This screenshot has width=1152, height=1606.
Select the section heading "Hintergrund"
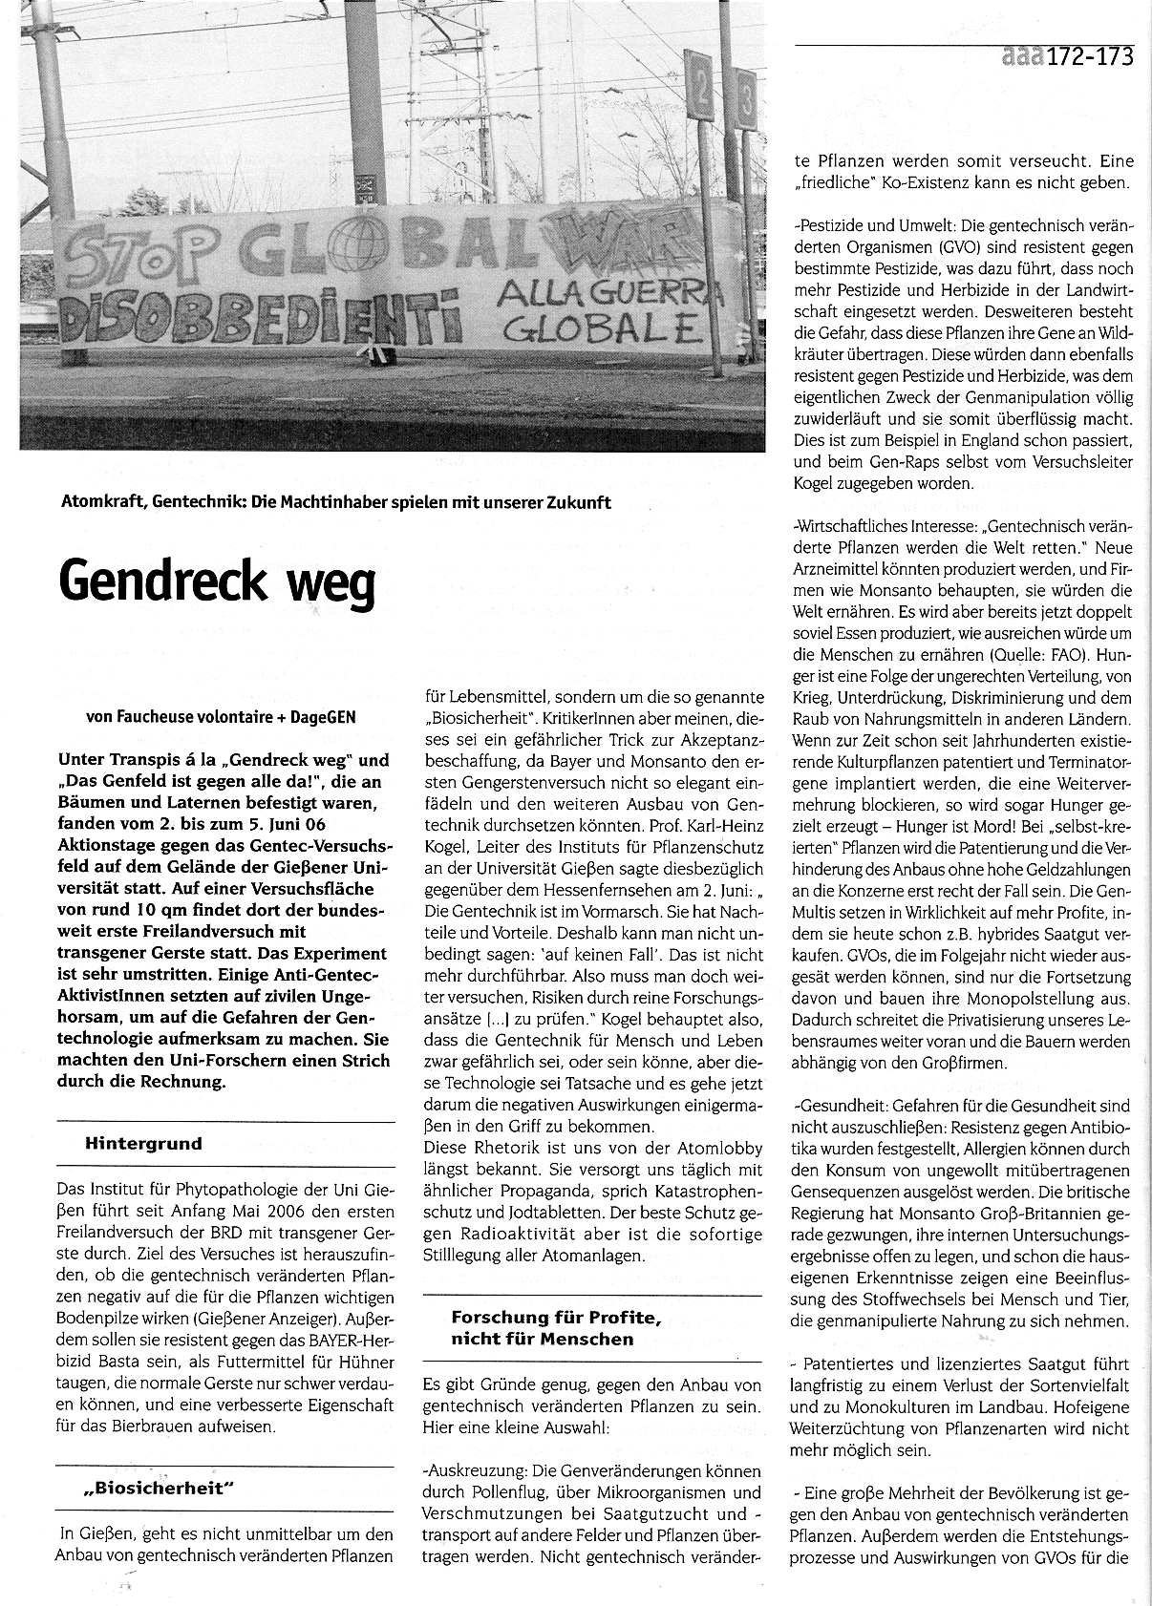pyautogui.click(x=143, y=1143)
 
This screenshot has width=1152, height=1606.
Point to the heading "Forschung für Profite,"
pyautogui.click(x=557, y=1318)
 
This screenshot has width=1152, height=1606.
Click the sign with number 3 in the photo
pyautogui.click(x=747, y=101)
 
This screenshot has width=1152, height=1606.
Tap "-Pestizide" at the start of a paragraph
pyautogui.click(x=827, y=226)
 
